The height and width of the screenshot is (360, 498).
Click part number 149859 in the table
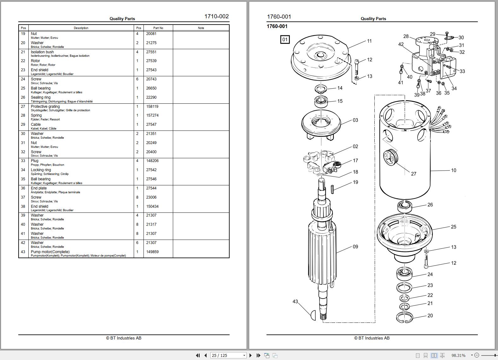[x=152, y=252]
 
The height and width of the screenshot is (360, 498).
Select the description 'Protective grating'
[x=45, y=107]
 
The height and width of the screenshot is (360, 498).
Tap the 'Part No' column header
[x=158, y=28]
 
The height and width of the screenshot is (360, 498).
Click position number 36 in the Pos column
[x=23, y=188]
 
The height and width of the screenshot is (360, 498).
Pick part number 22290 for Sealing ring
[x=151, y=97]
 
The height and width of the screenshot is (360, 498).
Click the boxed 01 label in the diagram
[x=285, y=40]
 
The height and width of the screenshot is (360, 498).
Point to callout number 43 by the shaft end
[x=295, y=302]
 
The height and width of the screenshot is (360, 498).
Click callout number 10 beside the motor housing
[x=454, y=171]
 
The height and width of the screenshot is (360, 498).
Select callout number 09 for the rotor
[x=355, y=247]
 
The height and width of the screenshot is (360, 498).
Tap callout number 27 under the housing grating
[x=414, y=174]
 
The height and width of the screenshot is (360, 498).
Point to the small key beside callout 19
[x=332, y=189]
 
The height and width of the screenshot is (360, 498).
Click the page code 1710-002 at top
[x=216, y=16]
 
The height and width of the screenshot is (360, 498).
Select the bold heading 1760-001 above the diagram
[x=277, y=26]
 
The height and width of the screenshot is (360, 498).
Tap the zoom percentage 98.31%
[x=458, y=355]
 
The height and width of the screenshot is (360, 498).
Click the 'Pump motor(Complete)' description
[x=50, y=252]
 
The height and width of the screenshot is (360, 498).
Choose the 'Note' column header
[x=201, y=28]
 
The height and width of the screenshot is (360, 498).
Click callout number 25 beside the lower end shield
[x=454, y=227]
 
